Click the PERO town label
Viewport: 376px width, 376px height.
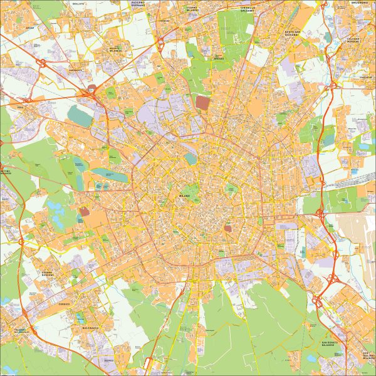[21, 107]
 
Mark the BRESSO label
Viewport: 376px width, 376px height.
[218, 58]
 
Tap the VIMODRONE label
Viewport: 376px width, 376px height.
[365, 78]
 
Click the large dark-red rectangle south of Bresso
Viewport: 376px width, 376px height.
[203, 103]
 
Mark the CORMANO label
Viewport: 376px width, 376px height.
[165, 20]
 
